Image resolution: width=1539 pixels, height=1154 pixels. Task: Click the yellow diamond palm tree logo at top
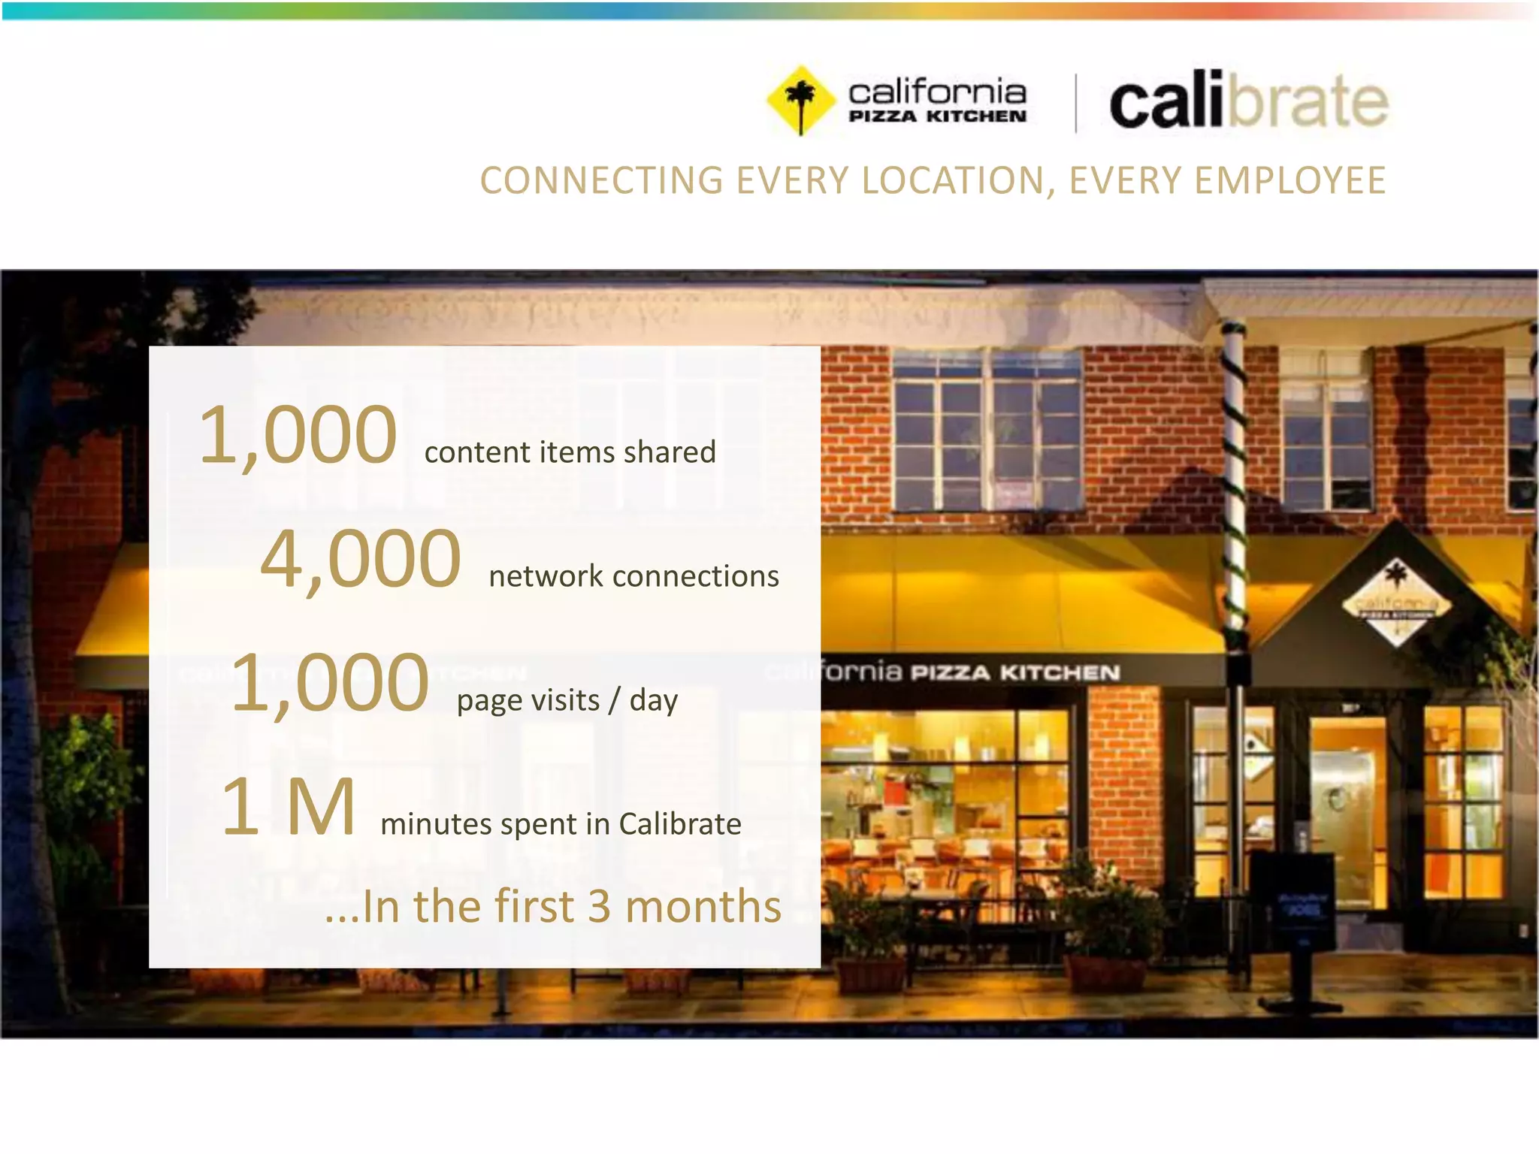(x=800, y=101)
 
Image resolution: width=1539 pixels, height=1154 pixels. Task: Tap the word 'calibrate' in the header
(x=1248, y=102)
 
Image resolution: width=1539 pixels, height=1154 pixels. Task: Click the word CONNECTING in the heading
(x=602, y=181)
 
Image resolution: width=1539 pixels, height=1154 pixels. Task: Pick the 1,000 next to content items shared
(x=298, y=436)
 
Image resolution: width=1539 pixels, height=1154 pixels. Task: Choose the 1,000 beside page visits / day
(x=330, y=683)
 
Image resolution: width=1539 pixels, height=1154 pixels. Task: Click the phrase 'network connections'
(x=633, y=576)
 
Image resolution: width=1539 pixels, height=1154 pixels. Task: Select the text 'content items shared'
(x=570, y=452)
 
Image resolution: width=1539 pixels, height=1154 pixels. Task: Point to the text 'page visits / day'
(x=567, y=700)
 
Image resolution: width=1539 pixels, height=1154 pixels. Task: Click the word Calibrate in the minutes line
(x=679, y=824)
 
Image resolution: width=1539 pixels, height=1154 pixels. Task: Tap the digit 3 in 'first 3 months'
(x=599, y=906)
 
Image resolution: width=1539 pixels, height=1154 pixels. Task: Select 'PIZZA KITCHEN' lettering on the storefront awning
(x=1015, y=672)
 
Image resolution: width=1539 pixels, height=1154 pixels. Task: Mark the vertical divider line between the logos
(x=1075, y=103)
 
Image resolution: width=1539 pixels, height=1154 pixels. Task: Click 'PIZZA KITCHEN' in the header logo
(x=937, y=116)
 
